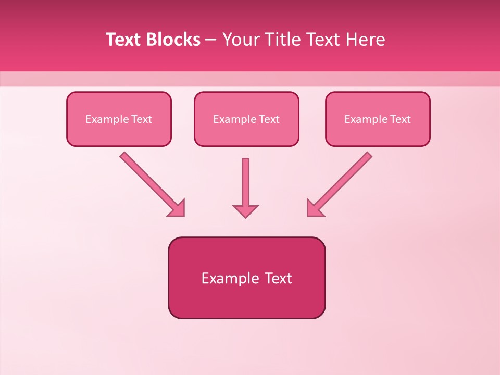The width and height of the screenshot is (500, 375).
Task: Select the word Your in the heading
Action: [x=241, y=40]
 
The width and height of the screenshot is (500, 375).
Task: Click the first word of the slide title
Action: [x=124, y=40]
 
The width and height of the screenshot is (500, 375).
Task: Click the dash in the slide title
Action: [x=211, y=40]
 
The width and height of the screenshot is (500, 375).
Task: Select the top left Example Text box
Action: [x=119, y=119]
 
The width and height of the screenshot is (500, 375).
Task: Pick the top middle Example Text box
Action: [x=246, y=119]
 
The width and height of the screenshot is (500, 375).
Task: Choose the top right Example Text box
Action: [x=378, y=119]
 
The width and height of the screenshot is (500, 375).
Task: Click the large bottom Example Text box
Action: [x=246, y=278]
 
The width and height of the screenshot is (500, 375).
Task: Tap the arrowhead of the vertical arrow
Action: [x=245, y=210]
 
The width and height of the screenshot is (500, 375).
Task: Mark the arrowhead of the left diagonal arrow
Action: [x=178, y=209]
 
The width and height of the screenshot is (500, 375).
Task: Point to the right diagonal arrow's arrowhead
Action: [x=314, y=208]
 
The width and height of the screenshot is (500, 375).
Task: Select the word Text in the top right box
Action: [x=401, y=119]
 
